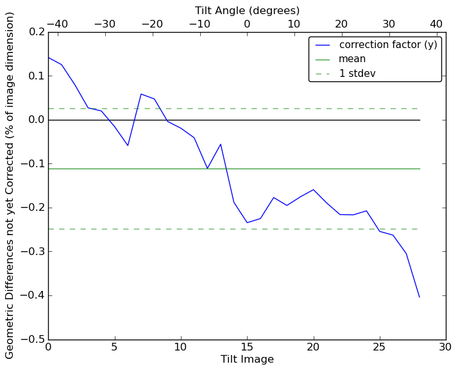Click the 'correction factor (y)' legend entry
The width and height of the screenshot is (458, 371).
(388, 45)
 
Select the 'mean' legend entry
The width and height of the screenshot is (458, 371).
(352, 59)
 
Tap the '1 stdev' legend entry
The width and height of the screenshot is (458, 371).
(357, 74)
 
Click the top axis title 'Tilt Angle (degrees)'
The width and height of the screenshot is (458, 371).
(247, 10)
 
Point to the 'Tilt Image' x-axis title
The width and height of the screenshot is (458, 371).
(247, 359)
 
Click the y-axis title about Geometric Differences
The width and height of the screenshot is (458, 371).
(10, 185)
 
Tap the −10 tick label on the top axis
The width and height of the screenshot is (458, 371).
(199, 24)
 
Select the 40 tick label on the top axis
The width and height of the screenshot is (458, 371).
(436, 24)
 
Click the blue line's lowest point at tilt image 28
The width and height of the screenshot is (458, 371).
(420, 297)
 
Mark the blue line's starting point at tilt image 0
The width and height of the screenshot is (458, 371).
(49, 58)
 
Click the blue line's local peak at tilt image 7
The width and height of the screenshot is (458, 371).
(141, 94)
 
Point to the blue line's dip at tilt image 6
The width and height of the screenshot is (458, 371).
(128, 145)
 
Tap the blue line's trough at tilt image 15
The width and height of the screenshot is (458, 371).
(247, 222)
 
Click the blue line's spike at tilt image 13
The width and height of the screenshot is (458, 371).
(221, 144)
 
